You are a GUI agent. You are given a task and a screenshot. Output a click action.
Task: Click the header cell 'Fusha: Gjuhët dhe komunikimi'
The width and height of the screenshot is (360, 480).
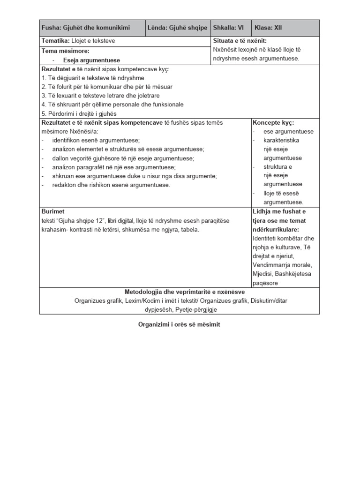click(x=86, y=28)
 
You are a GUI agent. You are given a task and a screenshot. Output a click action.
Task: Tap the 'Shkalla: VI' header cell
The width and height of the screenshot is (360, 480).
click(x=228, y=28)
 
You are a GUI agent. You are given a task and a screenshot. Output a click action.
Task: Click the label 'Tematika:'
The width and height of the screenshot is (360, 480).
click(x=56, y=41)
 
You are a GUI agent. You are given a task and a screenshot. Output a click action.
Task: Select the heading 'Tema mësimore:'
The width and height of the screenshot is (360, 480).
click(x=65, y=51)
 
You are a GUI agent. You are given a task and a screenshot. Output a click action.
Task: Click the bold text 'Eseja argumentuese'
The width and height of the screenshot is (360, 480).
click(x=91, y=60)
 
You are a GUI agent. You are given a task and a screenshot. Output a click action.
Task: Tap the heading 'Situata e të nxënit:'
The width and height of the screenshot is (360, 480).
click(x=240, y=41)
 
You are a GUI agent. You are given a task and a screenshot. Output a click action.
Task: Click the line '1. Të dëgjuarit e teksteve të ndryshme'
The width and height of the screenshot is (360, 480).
click(x=93, y=78)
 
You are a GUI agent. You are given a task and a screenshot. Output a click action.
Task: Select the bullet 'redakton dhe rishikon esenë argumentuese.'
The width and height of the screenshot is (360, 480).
click(x=111, y=185)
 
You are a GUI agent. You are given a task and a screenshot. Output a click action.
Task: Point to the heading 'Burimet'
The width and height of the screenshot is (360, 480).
click(x=52, y=212)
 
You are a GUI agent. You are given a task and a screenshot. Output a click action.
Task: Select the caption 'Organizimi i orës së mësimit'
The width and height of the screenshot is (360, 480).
click(x=180, y=324)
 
